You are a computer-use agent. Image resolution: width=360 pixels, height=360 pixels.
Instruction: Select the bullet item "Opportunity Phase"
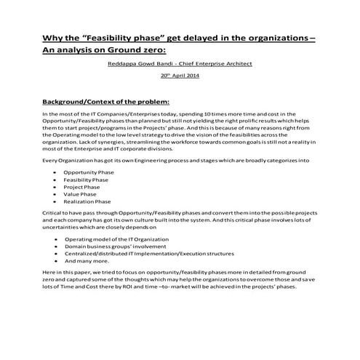(89, 171)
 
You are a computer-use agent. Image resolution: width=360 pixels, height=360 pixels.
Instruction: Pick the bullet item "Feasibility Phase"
(86, 179)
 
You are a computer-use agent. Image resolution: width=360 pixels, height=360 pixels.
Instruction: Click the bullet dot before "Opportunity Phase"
(56, 171)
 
